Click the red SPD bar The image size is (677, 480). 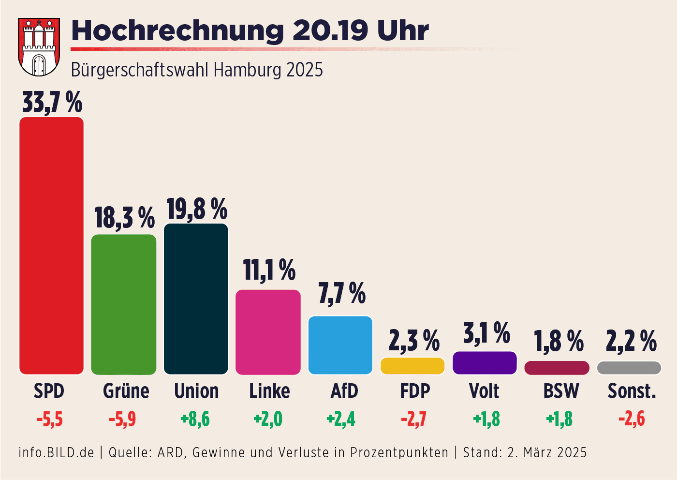click(51, 246)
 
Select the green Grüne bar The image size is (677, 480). click(124, 305)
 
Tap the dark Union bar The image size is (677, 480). click(196, 299)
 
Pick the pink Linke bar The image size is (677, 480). click(268, 332)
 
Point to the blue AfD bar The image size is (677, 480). click(340, 345)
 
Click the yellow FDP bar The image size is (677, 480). click(412, 366)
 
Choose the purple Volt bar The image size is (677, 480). click(485, 363)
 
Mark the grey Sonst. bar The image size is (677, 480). click(629, 368)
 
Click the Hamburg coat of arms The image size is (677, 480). click(39, 47)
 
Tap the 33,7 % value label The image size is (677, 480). click(52, 103)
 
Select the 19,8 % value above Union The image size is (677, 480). click(197, 209)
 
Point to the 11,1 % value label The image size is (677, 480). click(269, 270)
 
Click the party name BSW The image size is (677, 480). click(561, 391)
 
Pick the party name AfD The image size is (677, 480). click(344, 391)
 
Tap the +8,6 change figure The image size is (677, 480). click(195, 419)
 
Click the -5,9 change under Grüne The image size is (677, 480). click(122, 419)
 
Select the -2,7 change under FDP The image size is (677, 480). click(413, 419)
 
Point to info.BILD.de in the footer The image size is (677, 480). click(56, 452)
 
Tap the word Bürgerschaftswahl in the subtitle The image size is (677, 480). click(140, 70)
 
